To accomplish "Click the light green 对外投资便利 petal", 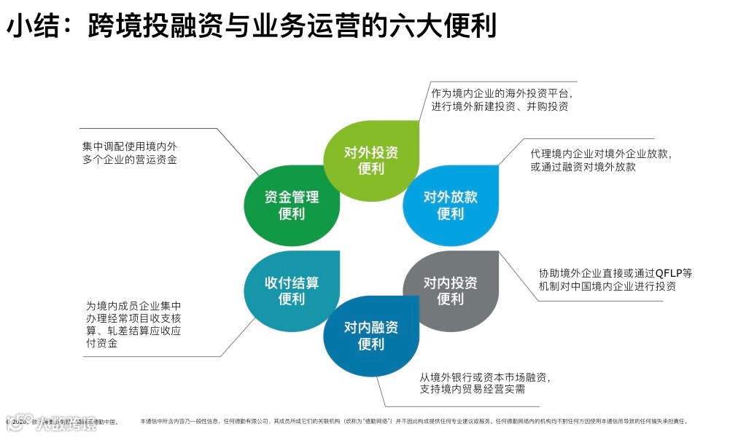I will click(371, 160).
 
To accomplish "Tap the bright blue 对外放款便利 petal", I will click(451, 205).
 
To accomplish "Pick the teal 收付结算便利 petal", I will click(291, 290).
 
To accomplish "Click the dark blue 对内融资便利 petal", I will click(371, 335).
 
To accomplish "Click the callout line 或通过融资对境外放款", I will click(583, 167).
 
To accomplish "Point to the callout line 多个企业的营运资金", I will click(130, 159).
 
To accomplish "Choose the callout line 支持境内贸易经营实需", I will click(473, 390).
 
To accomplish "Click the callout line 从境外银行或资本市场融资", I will click(484, 377).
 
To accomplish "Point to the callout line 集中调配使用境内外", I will click(130, 146).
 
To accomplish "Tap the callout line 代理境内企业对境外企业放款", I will click(601, 154).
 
